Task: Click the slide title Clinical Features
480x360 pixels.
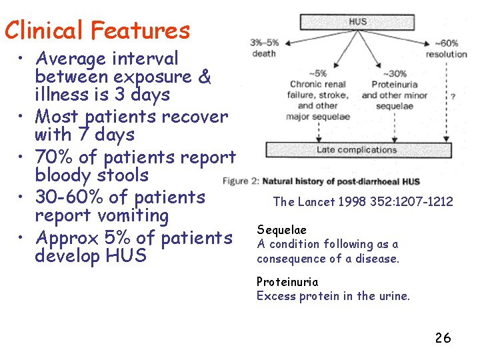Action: [97, 30]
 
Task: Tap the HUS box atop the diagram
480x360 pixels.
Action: [357, 22]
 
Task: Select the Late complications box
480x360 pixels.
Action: [357, 150]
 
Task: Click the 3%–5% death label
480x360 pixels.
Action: [265, 48]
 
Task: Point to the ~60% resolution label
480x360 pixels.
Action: [447, 48]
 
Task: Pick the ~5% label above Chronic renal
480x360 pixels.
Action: [317, 73]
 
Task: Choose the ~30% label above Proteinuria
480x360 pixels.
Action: [395, 73]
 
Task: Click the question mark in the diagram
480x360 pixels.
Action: [453, 97]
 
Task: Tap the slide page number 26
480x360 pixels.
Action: [443, 338]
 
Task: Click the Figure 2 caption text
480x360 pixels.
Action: [321, 181]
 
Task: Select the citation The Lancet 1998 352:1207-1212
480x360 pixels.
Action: [363, 201]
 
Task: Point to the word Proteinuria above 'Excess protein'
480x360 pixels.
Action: [287, 282]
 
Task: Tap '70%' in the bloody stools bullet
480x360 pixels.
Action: [55, 157]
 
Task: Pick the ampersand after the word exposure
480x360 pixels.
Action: [205, 77]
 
